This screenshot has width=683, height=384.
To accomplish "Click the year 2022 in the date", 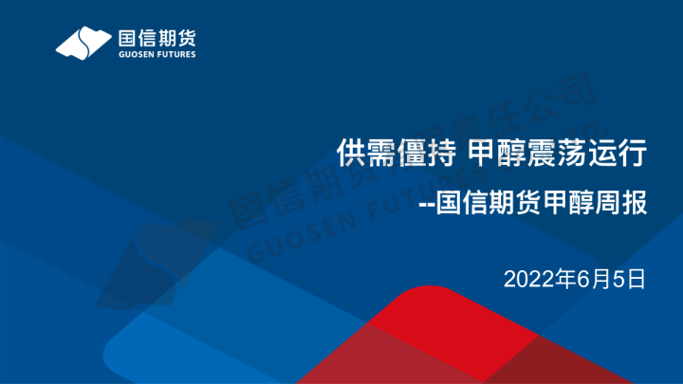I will (523, 279).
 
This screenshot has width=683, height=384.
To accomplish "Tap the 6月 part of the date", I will (584, 279).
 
